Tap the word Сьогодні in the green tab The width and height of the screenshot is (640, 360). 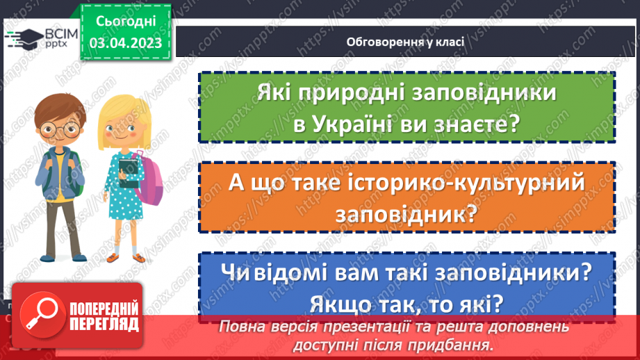pos(125,21)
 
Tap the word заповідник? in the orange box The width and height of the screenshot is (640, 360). pos(407,215)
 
